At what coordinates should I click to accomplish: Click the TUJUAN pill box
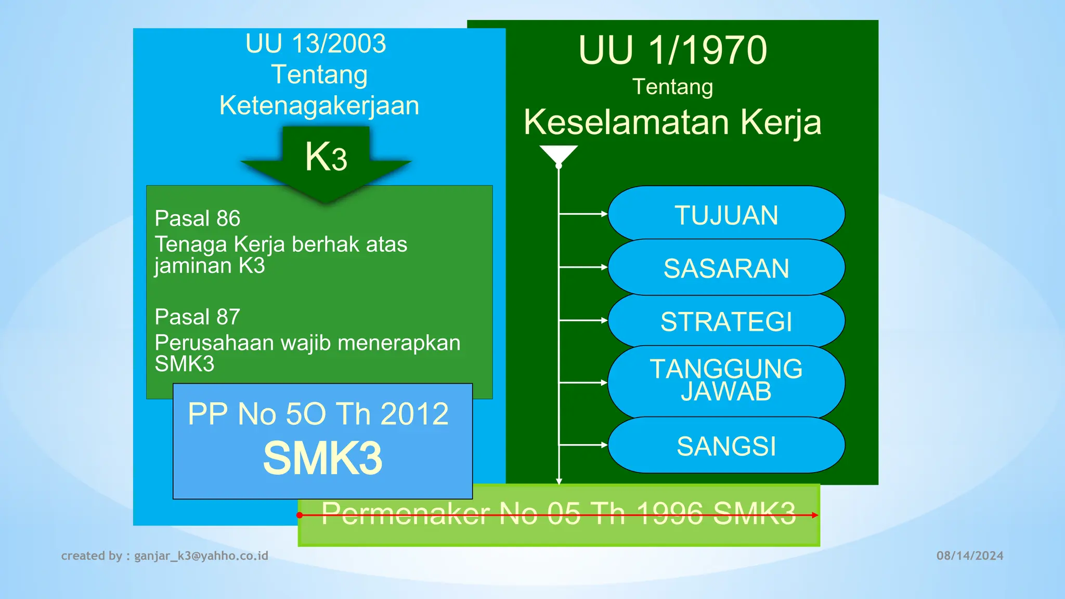[x=726, y=215]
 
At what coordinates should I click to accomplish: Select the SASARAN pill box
[x=726, y=268]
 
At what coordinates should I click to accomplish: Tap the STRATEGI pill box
[x=726, y=321]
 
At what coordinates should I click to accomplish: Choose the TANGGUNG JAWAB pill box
[x=726, y=381]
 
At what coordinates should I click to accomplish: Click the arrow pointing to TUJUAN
[x=582, y=214]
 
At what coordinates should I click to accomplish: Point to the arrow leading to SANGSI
[x=582, y=445]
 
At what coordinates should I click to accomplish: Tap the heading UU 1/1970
[x=672, y=50]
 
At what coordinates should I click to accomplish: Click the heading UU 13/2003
[x=316, y=44]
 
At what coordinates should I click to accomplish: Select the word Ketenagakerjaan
[x=319, y=106]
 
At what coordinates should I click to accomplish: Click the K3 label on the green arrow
[x=326, y=157]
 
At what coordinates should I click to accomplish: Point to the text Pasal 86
[x=198, y=218]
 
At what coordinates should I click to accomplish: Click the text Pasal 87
[x=198, y=317]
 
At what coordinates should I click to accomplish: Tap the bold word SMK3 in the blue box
[x=322, y=458]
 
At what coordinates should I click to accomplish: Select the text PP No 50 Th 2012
[x=318, y=414]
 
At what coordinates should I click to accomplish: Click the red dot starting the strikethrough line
[x=300, y=515]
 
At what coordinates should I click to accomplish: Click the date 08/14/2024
[x=970, y=556]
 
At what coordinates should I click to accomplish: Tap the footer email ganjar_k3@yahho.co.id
[x=201, y=556]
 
